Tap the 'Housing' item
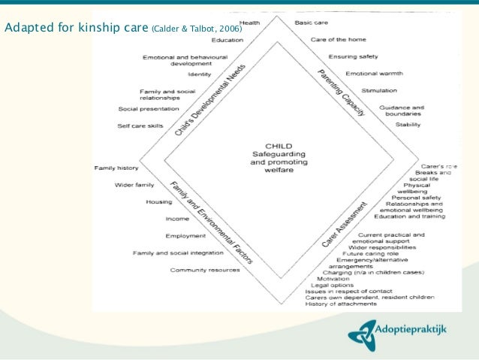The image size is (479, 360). click(x=160, y=202)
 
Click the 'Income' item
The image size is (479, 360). click(x=177, y=219)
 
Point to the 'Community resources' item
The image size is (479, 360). click(x=205, y=270)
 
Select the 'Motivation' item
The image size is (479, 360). click(x=333, y=278)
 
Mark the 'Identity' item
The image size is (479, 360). click(x=200, y=74)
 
